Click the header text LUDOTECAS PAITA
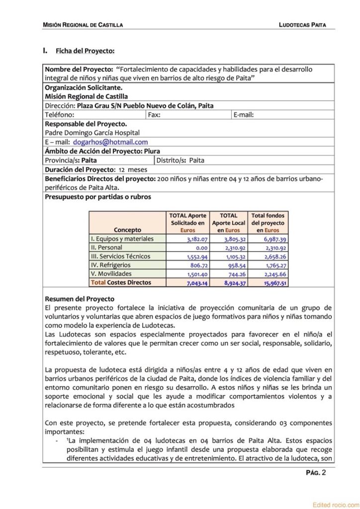303,24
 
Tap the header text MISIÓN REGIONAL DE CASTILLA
83,24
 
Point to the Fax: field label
154,115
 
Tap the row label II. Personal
106,247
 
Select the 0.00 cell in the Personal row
200,248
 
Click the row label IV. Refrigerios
110,265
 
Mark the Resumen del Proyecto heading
80,299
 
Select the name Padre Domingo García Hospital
92,133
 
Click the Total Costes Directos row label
120,282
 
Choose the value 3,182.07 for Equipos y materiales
193,239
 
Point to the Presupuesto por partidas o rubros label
98,196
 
